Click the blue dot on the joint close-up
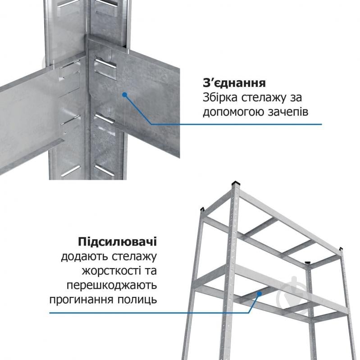[124, 94]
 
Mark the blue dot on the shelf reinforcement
[259, 293]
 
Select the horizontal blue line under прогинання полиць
[135, 313]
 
